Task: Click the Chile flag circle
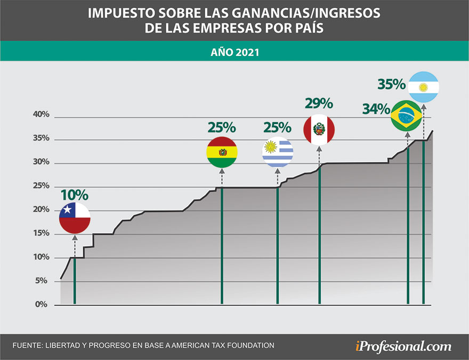tap(75, 218)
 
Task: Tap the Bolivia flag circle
tap(222, 152)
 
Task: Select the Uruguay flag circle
tap(278, 152)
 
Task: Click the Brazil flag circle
tap(407, 115)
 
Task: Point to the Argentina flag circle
tap(424, 87)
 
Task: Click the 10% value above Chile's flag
tap(74, 195)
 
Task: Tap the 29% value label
tap(318, 103)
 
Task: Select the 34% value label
tap(376, 109)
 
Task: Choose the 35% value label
tap(392, 84)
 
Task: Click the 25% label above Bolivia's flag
tap(221, 128)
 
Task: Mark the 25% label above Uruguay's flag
tap(277, 128)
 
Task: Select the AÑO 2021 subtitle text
tap(234, 53)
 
